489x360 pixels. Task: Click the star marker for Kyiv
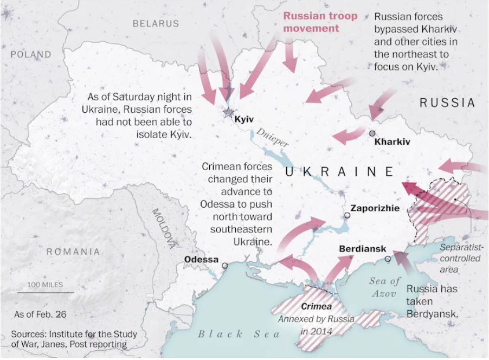point(228,112)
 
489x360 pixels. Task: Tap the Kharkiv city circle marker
point(372,133)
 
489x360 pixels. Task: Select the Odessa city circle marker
point(225,266)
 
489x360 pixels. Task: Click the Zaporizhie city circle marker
point(347,216)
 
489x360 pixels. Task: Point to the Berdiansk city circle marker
point(388,259)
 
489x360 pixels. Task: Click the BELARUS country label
point(156,24)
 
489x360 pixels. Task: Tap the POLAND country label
point(31,55)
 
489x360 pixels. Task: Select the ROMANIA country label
point(73,252)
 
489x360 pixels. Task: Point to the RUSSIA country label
point(447,102)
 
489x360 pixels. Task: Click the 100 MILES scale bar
point(44,292)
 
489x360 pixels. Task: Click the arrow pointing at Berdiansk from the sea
point(403,262)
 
